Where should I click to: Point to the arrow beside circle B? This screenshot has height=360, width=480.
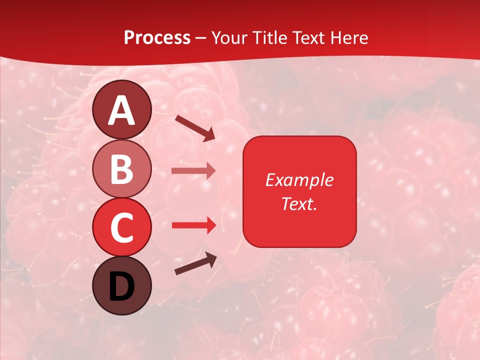(x=193, y=171)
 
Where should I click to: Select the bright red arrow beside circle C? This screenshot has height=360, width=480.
(x=193, y=225)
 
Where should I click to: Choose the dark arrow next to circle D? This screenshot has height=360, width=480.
(x=196, y=264)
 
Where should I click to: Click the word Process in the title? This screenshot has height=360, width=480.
(x=157, y=37)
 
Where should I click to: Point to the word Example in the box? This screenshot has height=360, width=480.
(x=299, y=180)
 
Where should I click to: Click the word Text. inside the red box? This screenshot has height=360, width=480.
(x=299, y=203)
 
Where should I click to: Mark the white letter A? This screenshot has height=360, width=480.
(x=121, y=111)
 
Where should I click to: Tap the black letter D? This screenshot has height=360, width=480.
(x=121, y=286)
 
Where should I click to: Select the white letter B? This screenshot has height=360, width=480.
(x=121, y=169)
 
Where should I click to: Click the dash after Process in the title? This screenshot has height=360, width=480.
(x=201, y=38)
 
